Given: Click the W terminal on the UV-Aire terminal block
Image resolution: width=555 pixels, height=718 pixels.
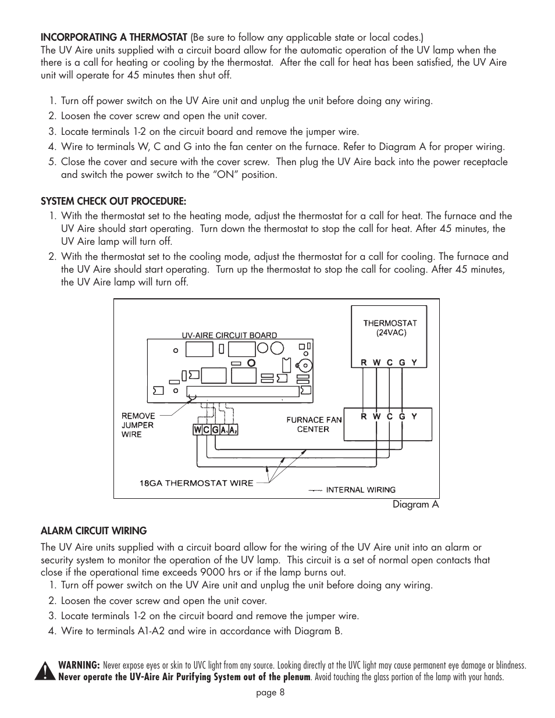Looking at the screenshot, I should (x=198, y=430).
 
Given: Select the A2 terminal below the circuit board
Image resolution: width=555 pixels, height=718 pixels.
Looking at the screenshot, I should (x=233, y=430).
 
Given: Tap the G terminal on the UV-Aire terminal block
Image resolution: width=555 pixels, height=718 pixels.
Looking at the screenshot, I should (x=215, y=430).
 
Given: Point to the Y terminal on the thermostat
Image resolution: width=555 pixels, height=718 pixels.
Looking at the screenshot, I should (x=414, y=362).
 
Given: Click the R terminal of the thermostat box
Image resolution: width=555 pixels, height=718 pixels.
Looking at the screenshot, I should (x=364, y=362).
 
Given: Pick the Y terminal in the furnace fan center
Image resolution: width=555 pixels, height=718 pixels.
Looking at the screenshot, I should (x=414, y=416).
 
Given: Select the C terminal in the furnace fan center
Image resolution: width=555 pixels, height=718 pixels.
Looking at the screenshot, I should (x=389, y=416).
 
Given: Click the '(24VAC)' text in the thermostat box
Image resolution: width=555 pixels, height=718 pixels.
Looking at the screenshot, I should (x=390, y=333).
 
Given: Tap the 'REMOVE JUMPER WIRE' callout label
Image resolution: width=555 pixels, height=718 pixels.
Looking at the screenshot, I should (x=138, y=425).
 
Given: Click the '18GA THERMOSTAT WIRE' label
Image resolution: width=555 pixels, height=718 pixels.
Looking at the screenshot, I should (x=196, y=483).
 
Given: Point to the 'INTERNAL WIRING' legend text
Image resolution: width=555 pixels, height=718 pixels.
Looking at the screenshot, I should (x=360, y=490).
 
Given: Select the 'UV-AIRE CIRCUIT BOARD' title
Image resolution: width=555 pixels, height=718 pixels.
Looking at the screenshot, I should (x=229, y=335).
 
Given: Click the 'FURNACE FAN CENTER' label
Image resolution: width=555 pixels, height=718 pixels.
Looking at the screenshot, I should (x=314, y=424).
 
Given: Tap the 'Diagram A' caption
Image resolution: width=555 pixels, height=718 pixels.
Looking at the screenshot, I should (x=415, y=505).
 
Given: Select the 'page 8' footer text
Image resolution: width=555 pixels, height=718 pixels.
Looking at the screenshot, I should (x=270, y=692).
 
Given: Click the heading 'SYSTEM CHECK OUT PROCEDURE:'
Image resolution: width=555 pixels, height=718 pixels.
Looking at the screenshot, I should (x=113, y=202).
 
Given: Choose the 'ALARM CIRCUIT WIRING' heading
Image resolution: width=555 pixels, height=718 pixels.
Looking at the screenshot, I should (x=93, y=531).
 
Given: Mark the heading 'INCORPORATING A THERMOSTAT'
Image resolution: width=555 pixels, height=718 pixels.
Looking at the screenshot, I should (x=113, y=37).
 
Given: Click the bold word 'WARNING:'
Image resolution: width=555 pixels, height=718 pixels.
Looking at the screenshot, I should (x=79, y=665).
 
